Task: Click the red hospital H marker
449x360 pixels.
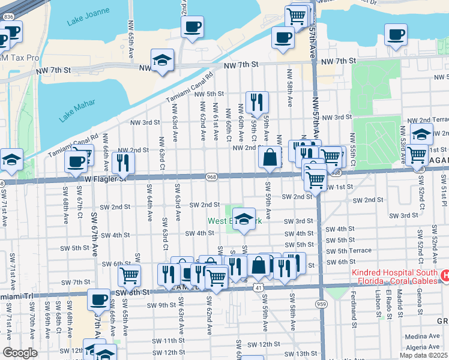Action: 444,276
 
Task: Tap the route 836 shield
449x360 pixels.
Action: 7,17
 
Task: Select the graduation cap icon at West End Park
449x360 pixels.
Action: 243,217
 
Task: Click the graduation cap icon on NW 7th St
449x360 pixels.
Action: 162,61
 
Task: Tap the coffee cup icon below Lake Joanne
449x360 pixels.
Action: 193,27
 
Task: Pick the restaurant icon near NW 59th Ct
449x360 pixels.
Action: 257,101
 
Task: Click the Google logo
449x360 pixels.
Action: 20,353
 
